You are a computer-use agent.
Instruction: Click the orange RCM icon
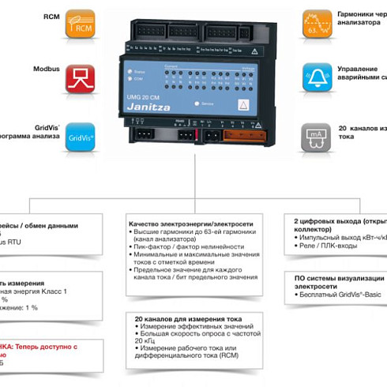(80, 24)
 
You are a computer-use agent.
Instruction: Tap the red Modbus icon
(80, 79)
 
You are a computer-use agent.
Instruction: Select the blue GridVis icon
(80, 136)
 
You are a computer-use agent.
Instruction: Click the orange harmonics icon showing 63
(317, 24)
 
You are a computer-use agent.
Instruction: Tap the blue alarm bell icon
(317, 79)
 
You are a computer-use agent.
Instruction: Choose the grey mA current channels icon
(317, 136)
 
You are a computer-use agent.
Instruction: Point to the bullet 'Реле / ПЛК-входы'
(328, 246)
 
